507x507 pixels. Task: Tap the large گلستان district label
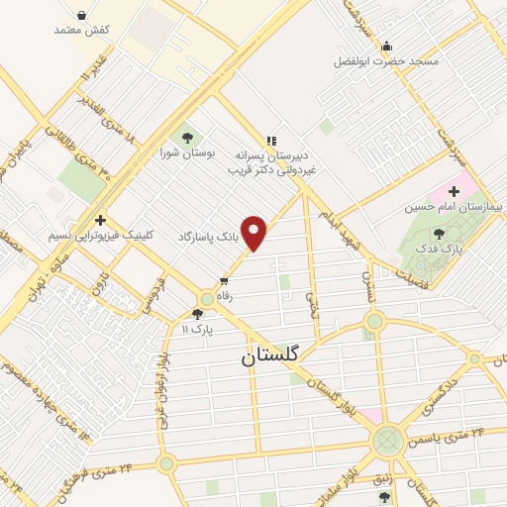click(x=272, y=357)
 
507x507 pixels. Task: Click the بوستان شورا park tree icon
click(x=185, y=137)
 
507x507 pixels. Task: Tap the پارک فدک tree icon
click(x=440, y=234)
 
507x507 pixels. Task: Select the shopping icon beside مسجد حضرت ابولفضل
click(x=386, y=46)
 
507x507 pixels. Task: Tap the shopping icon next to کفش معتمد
click(x=81, y=15)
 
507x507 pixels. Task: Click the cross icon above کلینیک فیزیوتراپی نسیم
click(x=99, y=220)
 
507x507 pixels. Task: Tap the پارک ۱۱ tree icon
click(x=198, y=313)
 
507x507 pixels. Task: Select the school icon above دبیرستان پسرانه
click(x=270, y=141)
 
